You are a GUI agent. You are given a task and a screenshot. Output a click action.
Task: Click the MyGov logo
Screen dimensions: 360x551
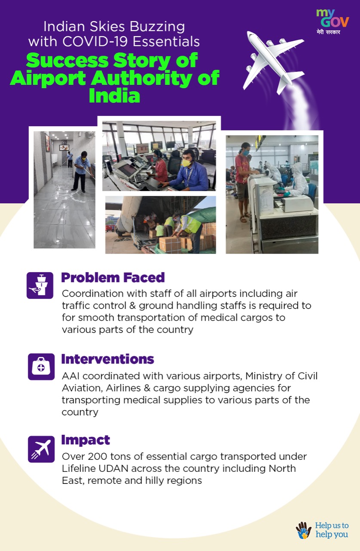pos(332,22)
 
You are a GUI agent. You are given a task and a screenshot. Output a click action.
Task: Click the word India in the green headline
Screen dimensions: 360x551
pos(114,96)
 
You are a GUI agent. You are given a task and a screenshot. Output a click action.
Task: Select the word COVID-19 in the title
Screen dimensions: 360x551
pos(95,41)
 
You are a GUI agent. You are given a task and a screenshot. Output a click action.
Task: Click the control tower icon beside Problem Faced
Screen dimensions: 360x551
pos(40,285)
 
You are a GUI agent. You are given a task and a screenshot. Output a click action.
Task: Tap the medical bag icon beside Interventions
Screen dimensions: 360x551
pos(41,367)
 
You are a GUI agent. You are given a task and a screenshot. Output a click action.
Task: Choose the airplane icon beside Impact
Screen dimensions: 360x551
pos(41,449)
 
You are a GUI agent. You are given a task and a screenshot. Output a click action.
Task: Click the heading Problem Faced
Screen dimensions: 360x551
pos(113,278)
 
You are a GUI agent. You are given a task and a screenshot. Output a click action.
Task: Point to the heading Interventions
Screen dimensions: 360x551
pos(108,359)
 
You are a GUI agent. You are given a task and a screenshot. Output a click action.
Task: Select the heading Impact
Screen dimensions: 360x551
pos(86,440)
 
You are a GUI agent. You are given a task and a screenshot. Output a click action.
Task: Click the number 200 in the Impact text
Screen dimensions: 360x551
pos(97,457)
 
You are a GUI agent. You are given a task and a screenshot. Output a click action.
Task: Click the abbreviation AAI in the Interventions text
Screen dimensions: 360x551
pos(71,376)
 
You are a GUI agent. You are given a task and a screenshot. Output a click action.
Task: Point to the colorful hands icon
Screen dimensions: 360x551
pos(304,530)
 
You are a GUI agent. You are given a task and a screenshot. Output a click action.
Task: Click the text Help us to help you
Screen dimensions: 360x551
pos(332,530)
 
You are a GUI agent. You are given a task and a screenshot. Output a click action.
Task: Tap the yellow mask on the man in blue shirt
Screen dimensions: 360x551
pos(186,163)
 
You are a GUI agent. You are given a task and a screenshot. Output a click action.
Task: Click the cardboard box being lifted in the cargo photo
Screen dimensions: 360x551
pos(170,245)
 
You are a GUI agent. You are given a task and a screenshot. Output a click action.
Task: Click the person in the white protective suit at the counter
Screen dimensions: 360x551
pos(298,180)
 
